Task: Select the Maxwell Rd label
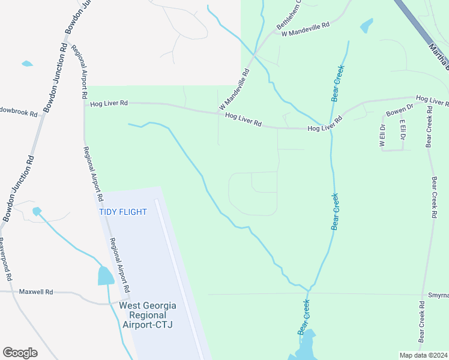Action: [x=36, y=292]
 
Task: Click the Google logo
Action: [x=20, y=353]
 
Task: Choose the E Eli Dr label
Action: [x=403, y=133]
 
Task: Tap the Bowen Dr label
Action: [x=400, y=110]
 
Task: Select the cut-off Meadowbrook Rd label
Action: [x=18, y=113]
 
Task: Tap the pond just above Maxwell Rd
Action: [x=106, y=275]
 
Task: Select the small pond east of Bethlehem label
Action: [x=366, y=26]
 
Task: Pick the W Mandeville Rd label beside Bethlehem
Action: [x=306, y=28]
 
